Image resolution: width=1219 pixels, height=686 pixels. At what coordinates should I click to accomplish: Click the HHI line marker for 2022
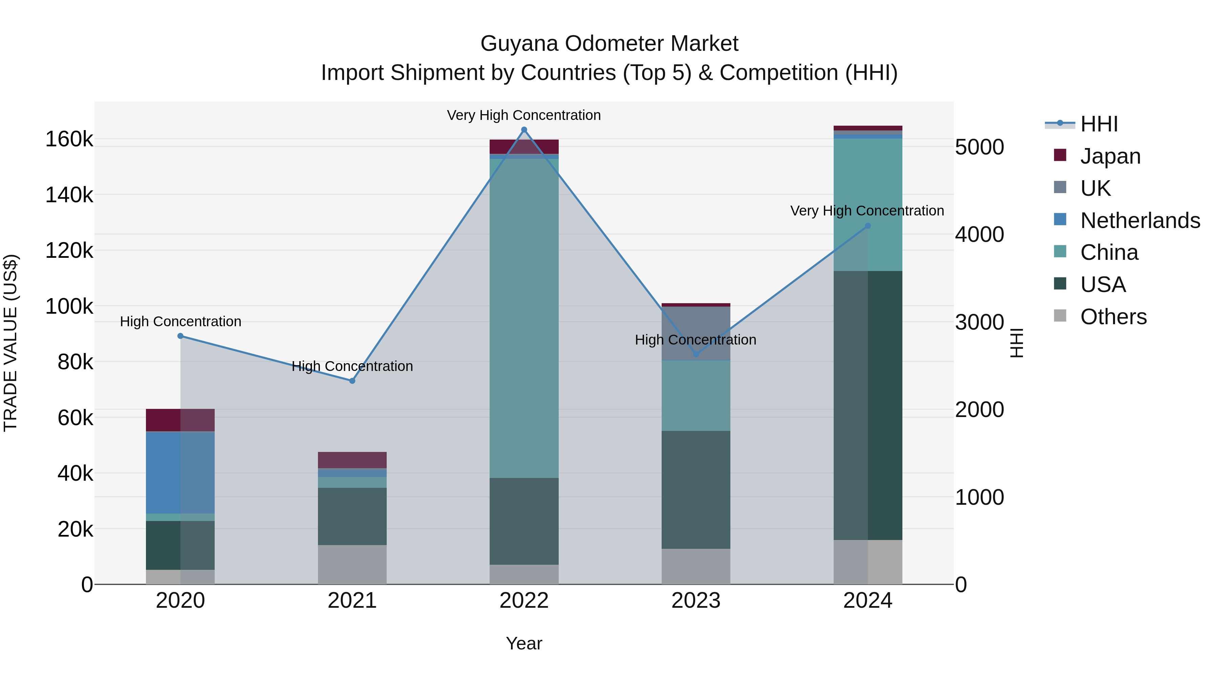pos(524,130)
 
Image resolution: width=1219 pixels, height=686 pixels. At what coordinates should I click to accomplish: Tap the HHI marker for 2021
pos(352,381)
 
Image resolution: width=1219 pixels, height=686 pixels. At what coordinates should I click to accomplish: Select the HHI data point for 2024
pos(868,226)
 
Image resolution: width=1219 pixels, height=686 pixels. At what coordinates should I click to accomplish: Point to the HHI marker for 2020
pos(180,336)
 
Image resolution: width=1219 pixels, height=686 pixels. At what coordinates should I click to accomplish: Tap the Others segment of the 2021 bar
pos(352,564)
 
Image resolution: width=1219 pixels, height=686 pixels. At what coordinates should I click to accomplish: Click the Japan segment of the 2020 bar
pos(180,420)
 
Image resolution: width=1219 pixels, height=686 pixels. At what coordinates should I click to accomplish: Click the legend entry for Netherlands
pos(1140,221)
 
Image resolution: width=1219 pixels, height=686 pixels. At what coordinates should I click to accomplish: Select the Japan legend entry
pos(1110,156)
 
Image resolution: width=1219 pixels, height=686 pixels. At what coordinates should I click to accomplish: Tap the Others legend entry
pos(1113,317)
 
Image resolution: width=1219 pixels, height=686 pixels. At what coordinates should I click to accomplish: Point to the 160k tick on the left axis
pos(69,140)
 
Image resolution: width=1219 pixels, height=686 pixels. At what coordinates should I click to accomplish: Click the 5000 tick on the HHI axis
pos(979,147)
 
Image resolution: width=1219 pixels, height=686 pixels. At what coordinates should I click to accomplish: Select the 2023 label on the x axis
pos(696,601)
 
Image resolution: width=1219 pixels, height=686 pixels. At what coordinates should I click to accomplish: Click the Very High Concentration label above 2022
pos(524,115)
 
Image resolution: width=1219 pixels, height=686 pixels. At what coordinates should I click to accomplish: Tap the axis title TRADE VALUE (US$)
pos(10,343)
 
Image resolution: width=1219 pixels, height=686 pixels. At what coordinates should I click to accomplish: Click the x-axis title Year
pos(524,643)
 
